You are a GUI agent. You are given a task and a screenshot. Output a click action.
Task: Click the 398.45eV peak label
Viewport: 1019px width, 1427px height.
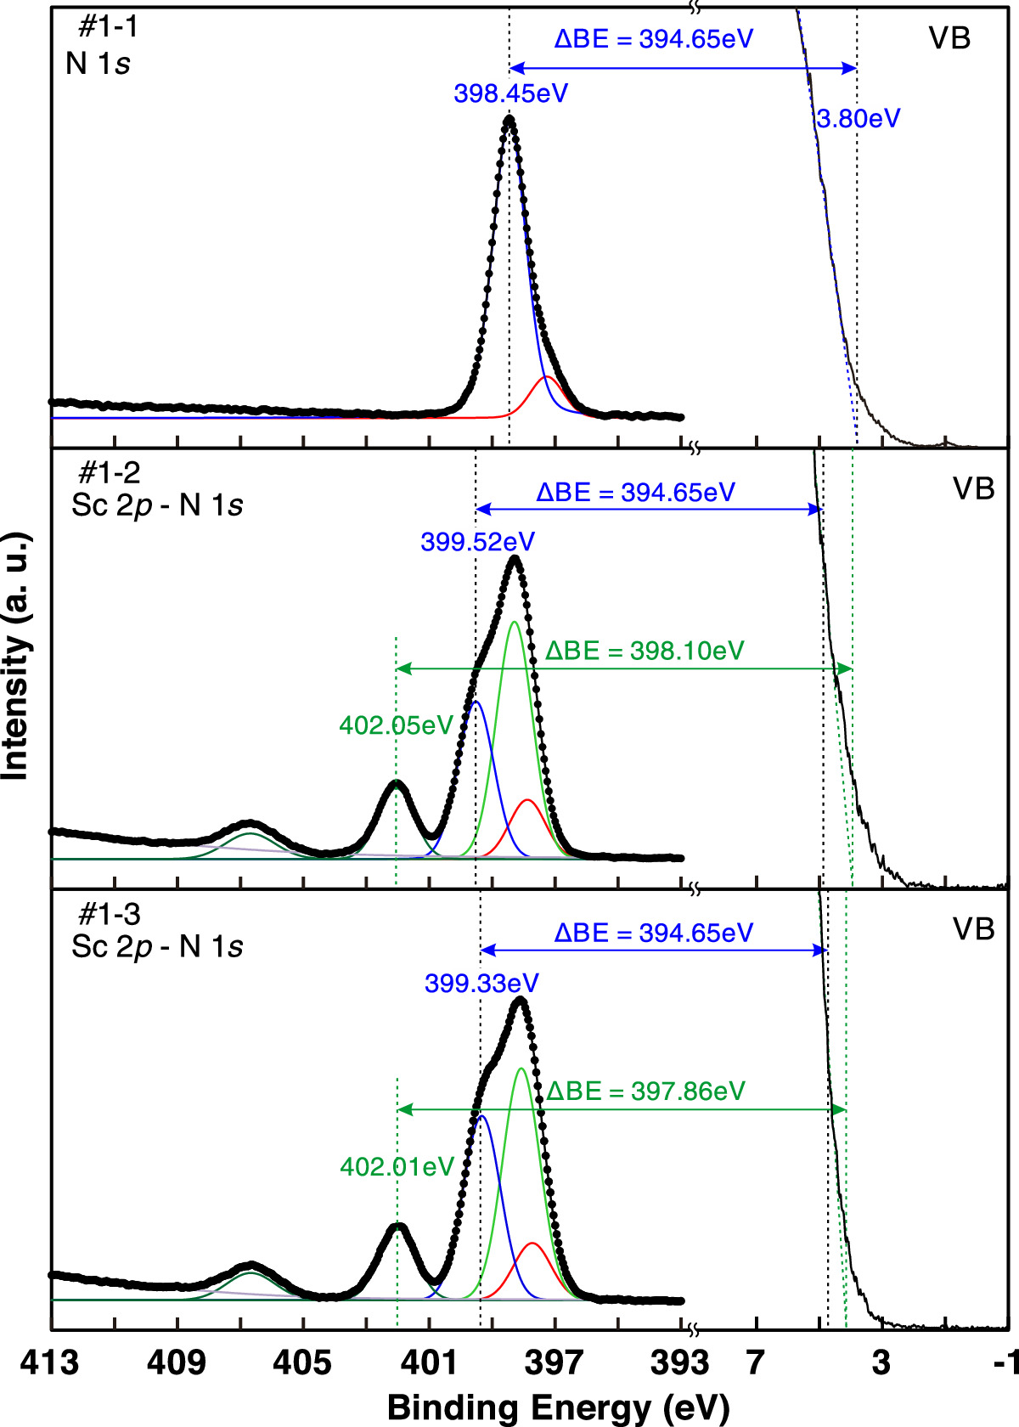click(510, 93)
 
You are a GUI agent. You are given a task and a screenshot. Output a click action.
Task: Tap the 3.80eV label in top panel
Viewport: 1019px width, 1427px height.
click(858, 118)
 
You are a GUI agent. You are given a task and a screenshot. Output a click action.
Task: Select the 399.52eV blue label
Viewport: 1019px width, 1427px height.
click(477, 542)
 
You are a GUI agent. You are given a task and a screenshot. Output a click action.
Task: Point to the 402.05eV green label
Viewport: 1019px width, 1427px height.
click(396, 725)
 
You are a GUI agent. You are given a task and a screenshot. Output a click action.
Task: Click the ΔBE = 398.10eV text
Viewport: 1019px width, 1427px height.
click(645, 651)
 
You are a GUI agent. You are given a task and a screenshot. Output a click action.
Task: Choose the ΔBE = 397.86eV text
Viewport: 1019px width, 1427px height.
click(645, 1091)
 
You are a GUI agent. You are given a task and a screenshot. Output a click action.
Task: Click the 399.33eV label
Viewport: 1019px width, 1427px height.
click(481, 984)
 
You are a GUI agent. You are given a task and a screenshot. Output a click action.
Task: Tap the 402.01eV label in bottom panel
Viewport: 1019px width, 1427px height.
click(397, 1167)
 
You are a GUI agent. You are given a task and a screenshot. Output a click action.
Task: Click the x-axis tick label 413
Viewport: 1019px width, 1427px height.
click(50, 1362)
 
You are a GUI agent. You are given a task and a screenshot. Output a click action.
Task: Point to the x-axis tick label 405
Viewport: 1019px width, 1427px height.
click(302, 1362)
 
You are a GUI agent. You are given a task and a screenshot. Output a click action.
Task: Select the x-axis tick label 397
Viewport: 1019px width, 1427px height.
click(554, 1362)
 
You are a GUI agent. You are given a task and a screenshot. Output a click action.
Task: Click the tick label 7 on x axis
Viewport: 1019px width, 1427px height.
click(755, 1362)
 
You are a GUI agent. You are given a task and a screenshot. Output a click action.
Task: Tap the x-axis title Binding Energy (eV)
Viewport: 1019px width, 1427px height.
click(558, 1407)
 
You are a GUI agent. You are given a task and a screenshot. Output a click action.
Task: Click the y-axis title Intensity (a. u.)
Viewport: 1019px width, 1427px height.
click(15, 656)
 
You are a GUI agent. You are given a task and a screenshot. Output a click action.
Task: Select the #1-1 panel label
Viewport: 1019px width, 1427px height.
click(108, 27)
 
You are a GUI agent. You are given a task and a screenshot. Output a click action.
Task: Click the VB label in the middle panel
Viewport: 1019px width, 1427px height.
click(973, 488)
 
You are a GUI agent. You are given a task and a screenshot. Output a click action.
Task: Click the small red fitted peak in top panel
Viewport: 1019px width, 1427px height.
click(548, 377)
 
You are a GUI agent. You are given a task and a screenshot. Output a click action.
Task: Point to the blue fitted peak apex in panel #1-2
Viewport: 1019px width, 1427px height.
click(475, 702)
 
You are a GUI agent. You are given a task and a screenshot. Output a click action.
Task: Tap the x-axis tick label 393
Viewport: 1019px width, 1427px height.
click(679, 1362)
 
